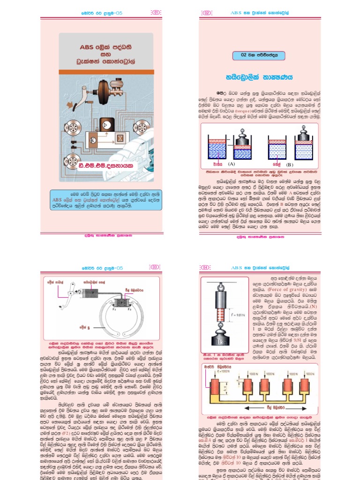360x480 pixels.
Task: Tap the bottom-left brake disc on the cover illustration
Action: tap(74, 158)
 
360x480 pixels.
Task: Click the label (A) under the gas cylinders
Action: tap(231, 165)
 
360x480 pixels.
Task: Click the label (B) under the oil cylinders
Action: tap(289, 165)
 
